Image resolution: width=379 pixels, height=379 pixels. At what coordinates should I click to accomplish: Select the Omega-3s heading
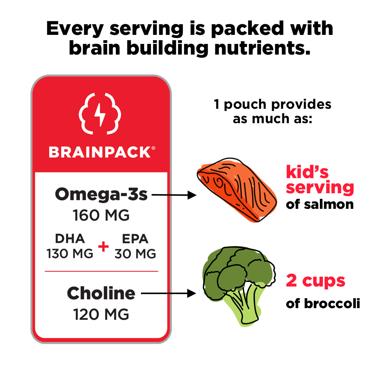point(101,195)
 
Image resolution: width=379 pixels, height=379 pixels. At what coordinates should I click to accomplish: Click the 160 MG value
point(101,216)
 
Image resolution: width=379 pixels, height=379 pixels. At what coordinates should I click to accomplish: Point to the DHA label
point(70,238)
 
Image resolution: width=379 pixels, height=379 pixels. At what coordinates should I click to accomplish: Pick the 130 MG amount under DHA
point(70,253)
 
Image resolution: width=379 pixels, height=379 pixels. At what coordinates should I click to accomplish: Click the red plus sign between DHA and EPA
point(103,247)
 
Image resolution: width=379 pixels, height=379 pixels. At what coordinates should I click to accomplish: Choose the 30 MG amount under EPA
point(135,253)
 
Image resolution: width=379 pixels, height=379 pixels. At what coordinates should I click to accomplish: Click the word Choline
point(101,293)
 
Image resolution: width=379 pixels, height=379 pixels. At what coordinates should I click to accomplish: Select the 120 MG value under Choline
point(101,314)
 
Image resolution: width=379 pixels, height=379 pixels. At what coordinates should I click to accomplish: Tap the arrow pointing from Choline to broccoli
point(169,293)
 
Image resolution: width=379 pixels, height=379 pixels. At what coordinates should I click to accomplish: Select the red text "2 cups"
point(315,281)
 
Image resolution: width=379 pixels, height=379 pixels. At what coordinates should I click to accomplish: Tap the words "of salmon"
point(319,205)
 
